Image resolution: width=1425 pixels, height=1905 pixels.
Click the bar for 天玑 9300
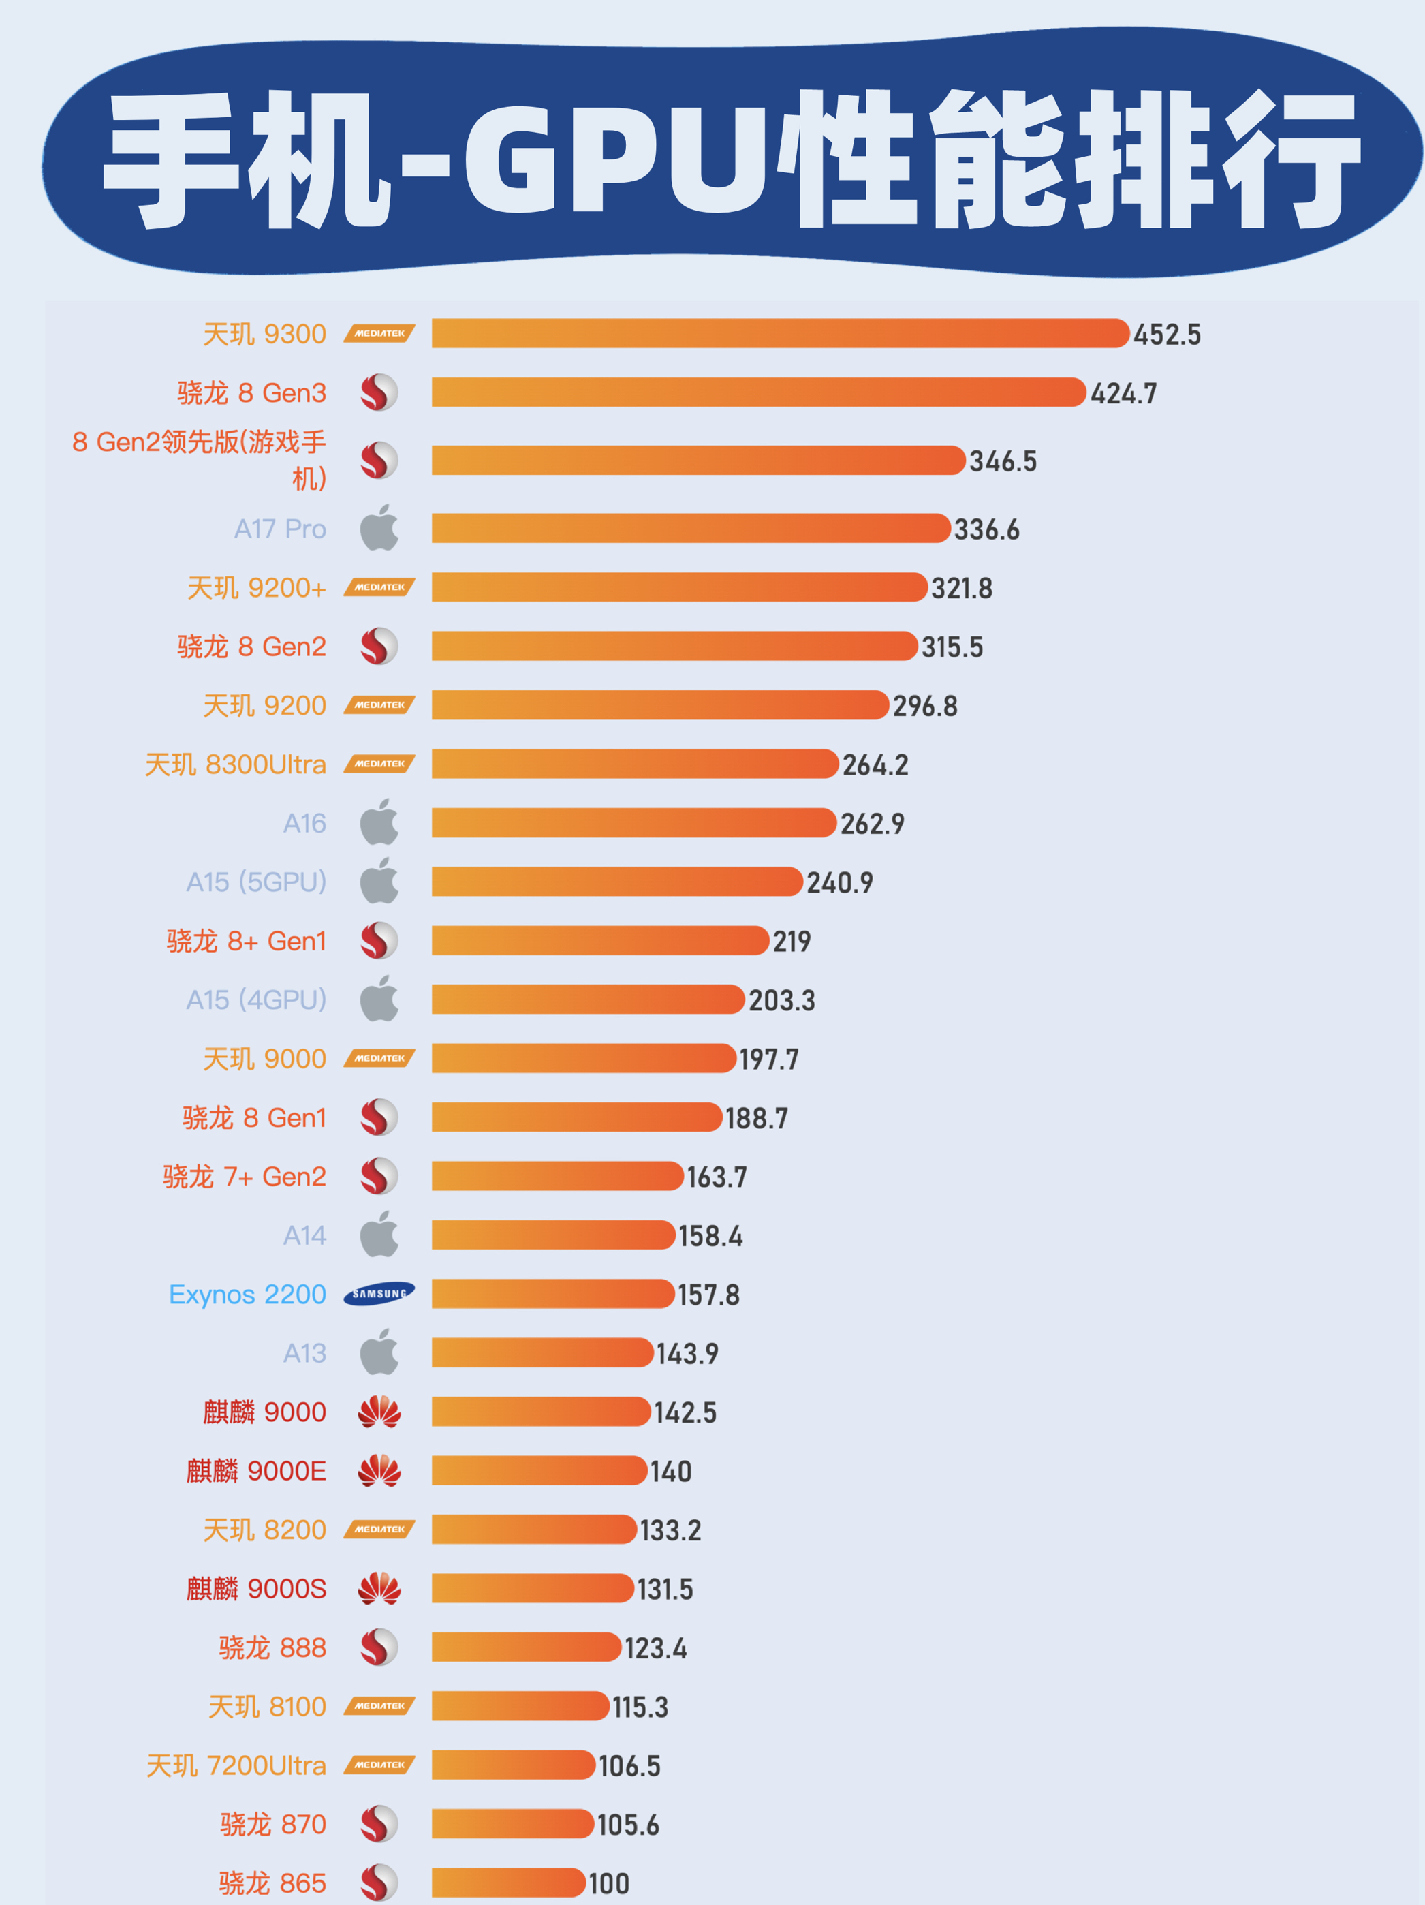779,333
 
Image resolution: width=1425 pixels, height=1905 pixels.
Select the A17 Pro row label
280,529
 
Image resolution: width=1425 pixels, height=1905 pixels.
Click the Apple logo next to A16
379,822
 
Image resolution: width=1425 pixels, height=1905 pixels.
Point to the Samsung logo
379,1294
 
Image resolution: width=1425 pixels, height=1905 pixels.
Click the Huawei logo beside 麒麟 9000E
379,1471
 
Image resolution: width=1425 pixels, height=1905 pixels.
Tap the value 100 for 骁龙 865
609,1883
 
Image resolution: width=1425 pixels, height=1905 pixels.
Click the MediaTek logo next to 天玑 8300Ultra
379,764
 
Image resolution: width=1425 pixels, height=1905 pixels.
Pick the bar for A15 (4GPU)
587,999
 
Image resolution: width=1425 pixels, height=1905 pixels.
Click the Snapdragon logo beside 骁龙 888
379,1647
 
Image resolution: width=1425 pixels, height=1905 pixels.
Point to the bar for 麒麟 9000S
532,1588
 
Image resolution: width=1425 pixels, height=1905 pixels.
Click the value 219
792,942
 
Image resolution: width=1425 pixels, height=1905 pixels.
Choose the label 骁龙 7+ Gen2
245,1177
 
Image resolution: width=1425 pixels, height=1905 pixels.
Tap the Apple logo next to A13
379,1352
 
